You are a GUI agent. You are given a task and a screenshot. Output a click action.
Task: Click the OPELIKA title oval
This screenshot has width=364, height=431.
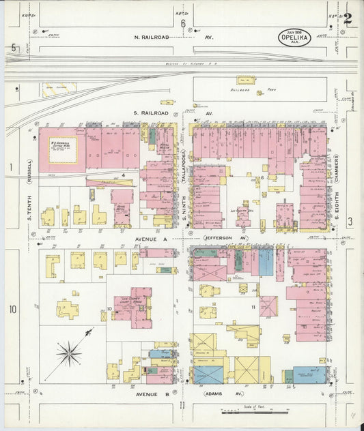pyautogui.click(x=295, y=37)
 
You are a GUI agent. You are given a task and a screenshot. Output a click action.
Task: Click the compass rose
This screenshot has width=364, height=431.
pyautogui.click(x=68, y=353)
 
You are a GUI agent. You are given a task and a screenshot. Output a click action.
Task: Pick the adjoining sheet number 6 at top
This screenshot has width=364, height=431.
pyautogui.click(x=183, y=24)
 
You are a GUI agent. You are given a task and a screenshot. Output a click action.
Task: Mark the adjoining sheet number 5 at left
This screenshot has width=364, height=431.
pyautogui.click(x=13, y=48)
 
